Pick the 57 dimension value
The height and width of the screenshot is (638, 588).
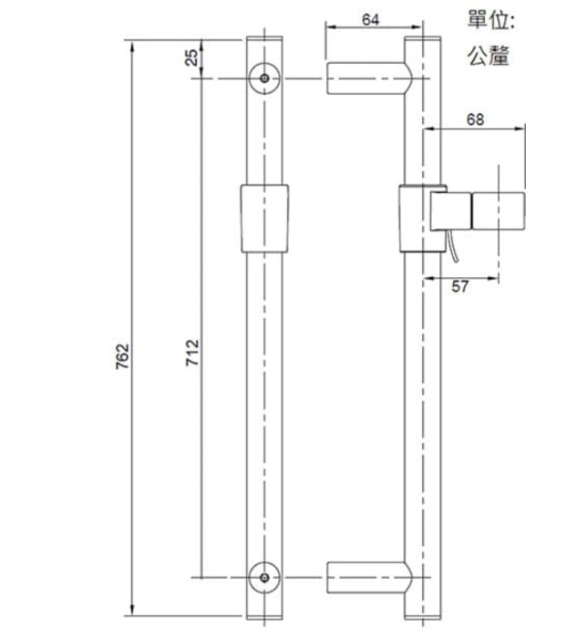click(461, 287)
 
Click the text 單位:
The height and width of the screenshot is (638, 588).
click(491, 20)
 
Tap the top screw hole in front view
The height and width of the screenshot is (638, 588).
click(263, 78)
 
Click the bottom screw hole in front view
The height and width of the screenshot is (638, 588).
click(263, 576)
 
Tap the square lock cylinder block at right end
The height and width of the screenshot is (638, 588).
click(499, 211)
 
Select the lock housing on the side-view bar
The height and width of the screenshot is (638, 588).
click(411, 217)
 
